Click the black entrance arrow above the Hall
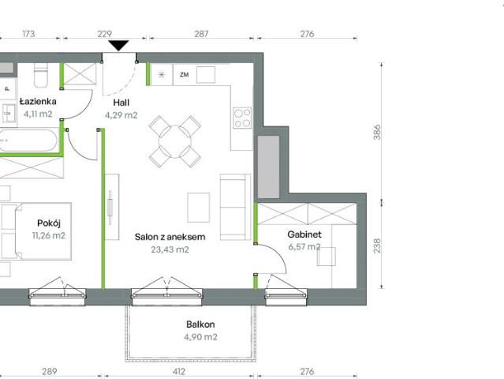click(x=118, y=45)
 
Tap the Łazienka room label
click(x=38, y=101)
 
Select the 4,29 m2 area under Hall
click(x=121, y=114)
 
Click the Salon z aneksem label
click(x=170, y=237)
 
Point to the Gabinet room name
click(x=304, y=235)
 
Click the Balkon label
click(x=200, y=324)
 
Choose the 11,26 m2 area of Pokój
click(x=49, y=235)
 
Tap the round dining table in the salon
click(x=175, y=141)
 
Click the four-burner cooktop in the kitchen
click(x=242, y=118)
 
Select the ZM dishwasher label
click(x=185, y=75)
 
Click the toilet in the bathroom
click(x=41, y=75)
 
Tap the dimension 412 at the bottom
click(x=179, y=372)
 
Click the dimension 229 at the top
click(x=104, y=34)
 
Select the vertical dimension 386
click(x=377, y=132)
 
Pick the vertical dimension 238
click(x=377, y=246)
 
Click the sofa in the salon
click(x=235, y=207)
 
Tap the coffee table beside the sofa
click(x=199, y=208)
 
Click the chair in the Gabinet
click(x=327, y=257)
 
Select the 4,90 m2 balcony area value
click(x=200, y=337)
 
